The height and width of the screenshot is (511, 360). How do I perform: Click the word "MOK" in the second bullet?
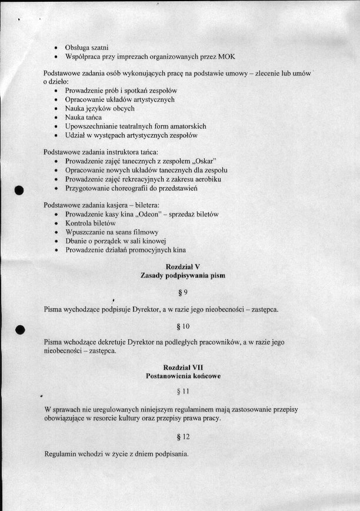click(x=226, y=56)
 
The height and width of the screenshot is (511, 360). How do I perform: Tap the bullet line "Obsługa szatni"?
click(x=91, y=46)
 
